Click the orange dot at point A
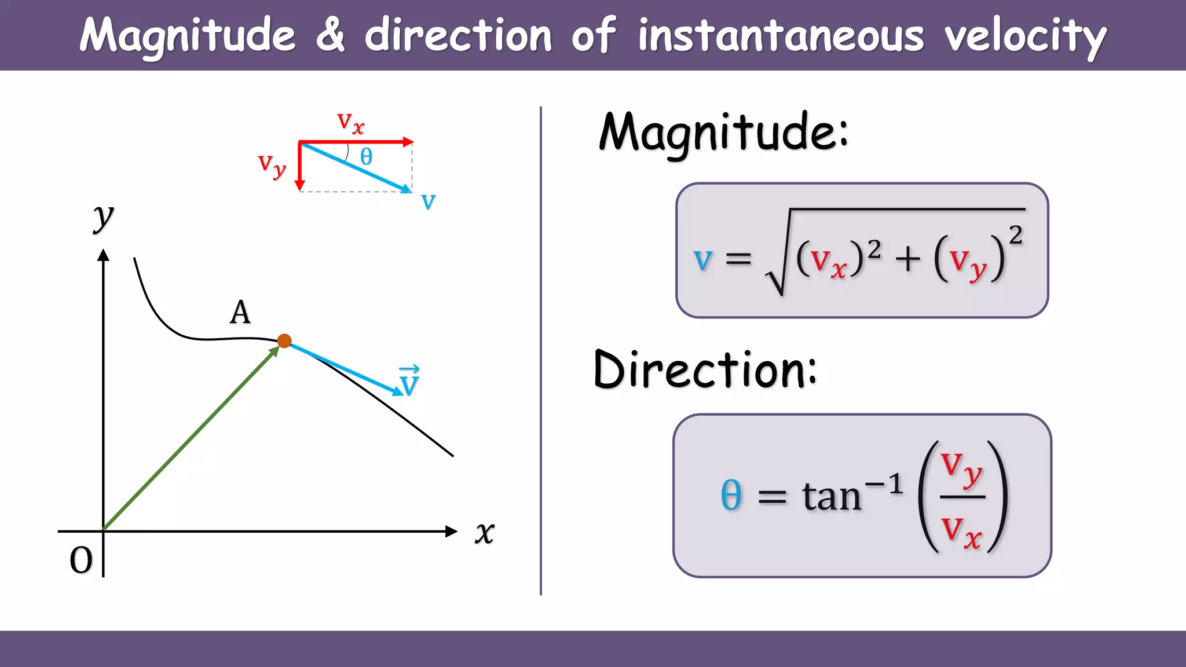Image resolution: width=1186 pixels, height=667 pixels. [x=284, y=341]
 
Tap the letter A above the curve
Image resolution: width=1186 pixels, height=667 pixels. [x=240, y=313]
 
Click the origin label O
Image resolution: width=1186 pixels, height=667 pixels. [x=81, y=560]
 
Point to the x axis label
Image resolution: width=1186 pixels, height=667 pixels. [x=485, y=533]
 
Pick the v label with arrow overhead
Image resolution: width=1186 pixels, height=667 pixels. [x=409, y=382]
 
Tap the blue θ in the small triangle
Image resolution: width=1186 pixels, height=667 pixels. [x=366, y=157]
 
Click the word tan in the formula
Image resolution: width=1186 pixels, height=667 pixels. [x=832, y=497]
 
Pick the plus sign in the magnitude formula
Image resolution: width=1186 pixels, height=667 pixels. [x=907, y=258]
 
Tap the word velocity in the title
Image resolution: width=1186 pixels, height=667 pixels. [x=1025, y=36]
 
